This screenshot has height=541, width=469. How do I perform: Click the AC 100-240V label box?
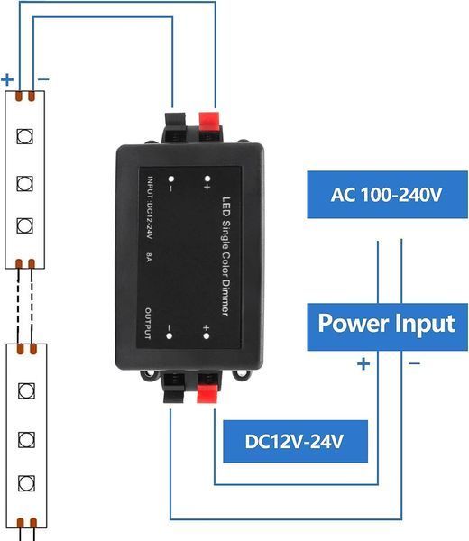tap(387, 195)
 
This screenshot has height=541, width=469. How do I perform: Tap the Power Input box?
tap(387, 326)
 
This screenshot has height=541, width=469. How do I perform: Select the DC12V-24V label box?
tap(296, 441)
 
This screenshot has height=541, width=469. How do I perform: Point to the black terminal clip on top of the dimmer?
tap(175, 126)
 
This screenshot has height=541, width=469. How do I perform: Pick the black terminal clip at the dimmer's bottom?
tap(173, 387)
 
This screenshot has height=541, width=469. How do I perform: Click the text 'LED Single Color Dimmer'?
tap(225, 256)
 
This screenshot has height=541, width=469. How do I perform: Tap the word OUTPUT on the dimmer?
tap(148, 324)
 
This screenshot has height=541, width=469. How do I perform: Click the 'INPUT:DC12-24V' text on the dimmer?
tap(149, 207)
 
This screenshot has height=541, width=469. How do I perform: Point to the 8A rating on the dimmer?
tap(149, 257)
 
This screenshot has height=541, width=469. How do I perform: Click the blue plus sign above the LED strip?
tap(7, 79)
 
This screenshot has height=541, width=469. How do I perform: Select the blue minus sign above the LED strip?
tap(43, 79)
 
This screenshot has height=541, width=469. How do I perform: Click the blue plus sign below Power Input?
tap(363, 363)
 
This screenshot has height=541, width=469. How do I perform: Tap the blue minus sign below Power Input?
tap(414, 363)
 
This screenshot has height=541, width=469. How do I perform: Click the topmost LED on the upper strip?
tap(25, 136)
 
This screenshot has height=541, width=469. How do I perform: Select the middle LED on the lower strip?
tap(26, 440)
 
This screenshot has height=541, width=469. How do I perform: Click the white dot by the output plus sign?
tap(206, 335)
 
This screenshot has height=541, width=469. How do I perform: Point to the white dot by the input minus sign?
tap(170, 179)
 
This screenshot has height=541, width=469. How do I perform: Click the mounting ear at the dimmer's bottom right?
tap(243, 373)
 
